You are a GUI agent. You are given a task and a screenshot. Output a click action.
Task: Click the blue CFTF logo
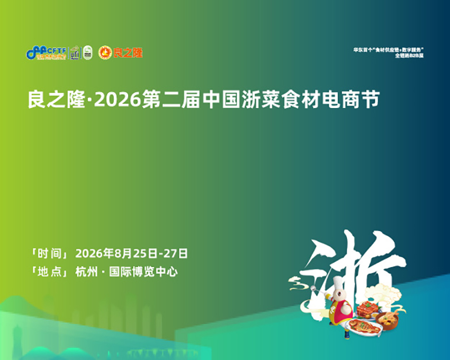46,52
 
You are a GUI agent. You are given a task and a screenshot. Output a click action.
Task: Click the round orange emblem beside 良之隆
105,52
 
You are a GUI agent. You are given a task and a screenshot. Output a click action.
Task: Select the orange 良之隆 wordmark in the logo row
128,52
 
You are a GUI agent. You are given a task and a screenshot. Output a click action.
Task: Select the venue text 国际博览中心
143,272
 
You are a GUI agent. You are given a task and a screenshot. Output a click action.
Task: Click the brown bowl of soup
392,320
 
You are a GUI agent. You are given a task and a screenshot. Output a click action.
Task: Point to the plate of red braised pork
367,309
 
